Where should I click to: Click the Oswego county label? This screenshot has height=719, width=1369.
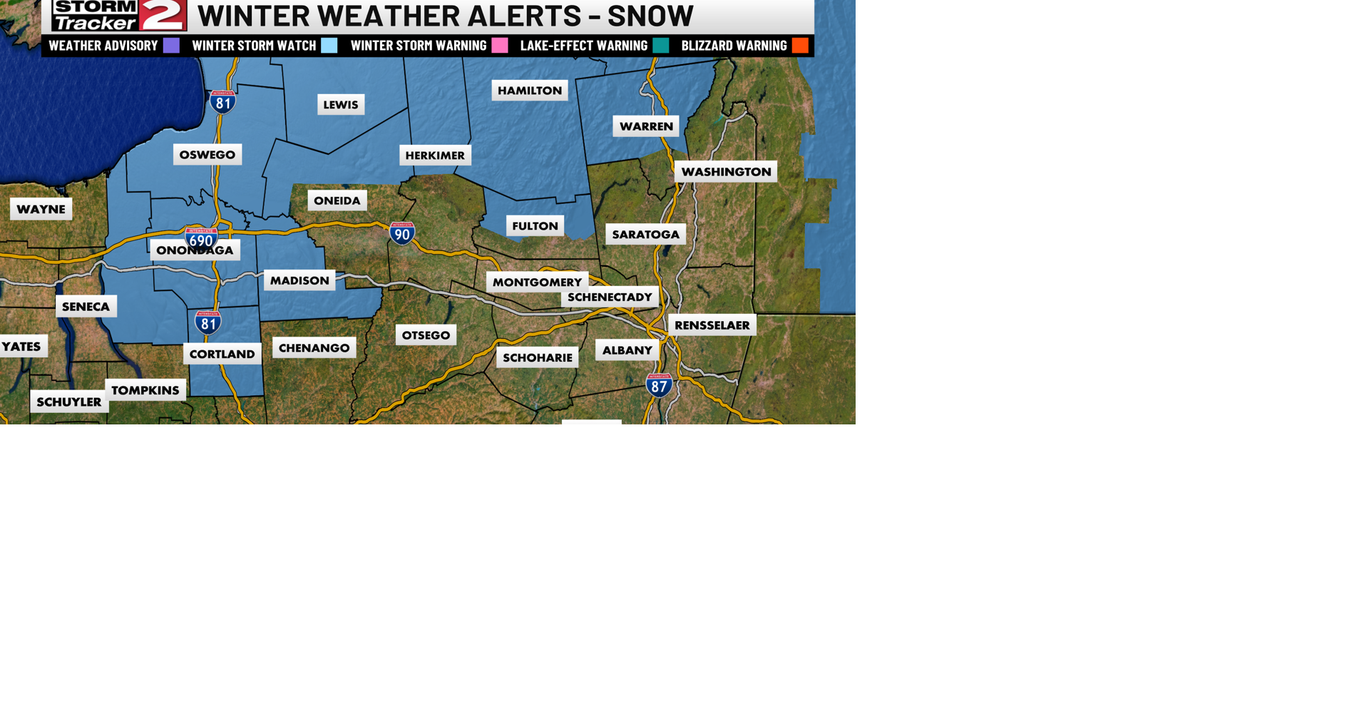pos(207,155)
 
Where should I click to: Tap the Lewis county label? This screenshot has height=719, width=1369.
pos(341,105)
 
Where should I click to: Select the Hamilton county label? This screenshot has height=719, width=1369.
pos(530,91)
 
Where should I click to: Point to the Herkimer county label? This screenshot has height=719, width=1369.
pos(435,155)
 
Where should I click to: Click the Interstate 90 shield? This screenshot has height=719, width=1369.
pos(402,233)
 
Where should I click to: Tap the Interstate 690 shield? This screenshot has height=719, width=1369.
pos(201,239)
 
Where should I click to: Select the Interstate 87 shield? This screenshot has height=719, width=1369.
pos(659,386)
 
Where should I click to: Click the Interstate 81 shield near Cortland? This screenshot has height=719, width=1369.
pos(208,323)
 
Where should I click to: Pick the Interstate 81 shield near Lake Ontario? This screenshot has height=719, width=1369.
pos(223,102)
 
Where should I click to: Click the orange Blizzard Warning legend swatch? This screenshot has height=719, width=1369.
pos(800,46)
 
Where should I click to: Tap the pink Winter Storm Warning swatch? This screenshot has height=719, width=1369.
pos(500,46)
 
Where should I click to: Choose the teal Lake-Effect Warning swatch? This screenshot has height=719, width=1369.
pos(661,46)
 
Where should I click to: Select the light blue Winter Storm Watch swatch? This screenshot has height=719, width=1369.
pos(329,46)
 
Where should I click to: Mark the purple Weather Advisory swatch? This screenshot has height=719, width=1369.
pos(171,46)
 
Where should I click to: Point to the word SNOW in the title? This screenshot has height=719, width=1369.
pos(650,16)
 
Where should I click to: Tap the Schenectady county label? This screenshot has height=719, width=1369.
pos(610,297)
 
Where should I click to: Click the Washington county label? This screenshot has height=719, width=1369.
pos(726,172)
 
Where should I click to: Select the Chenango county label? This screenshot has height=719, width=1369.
pos(314,348)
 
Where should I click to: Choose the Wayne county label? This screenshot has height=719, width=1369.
pos(41,209)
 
